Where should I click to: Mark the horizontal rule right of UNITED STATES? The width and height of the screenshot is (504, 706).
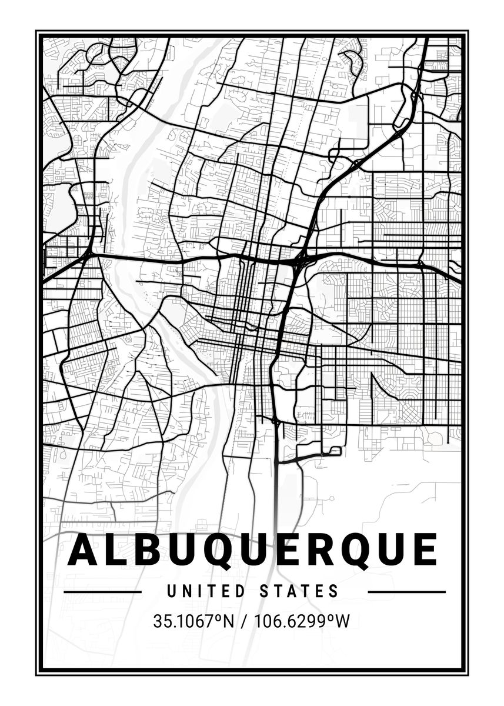(x=406, y=591)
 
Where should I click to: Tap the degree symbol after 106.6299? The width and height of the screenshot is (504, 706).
(x=332, y=617)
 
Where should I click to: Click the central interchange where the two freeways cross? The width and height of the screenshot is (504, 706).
(x=300, y=259)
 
